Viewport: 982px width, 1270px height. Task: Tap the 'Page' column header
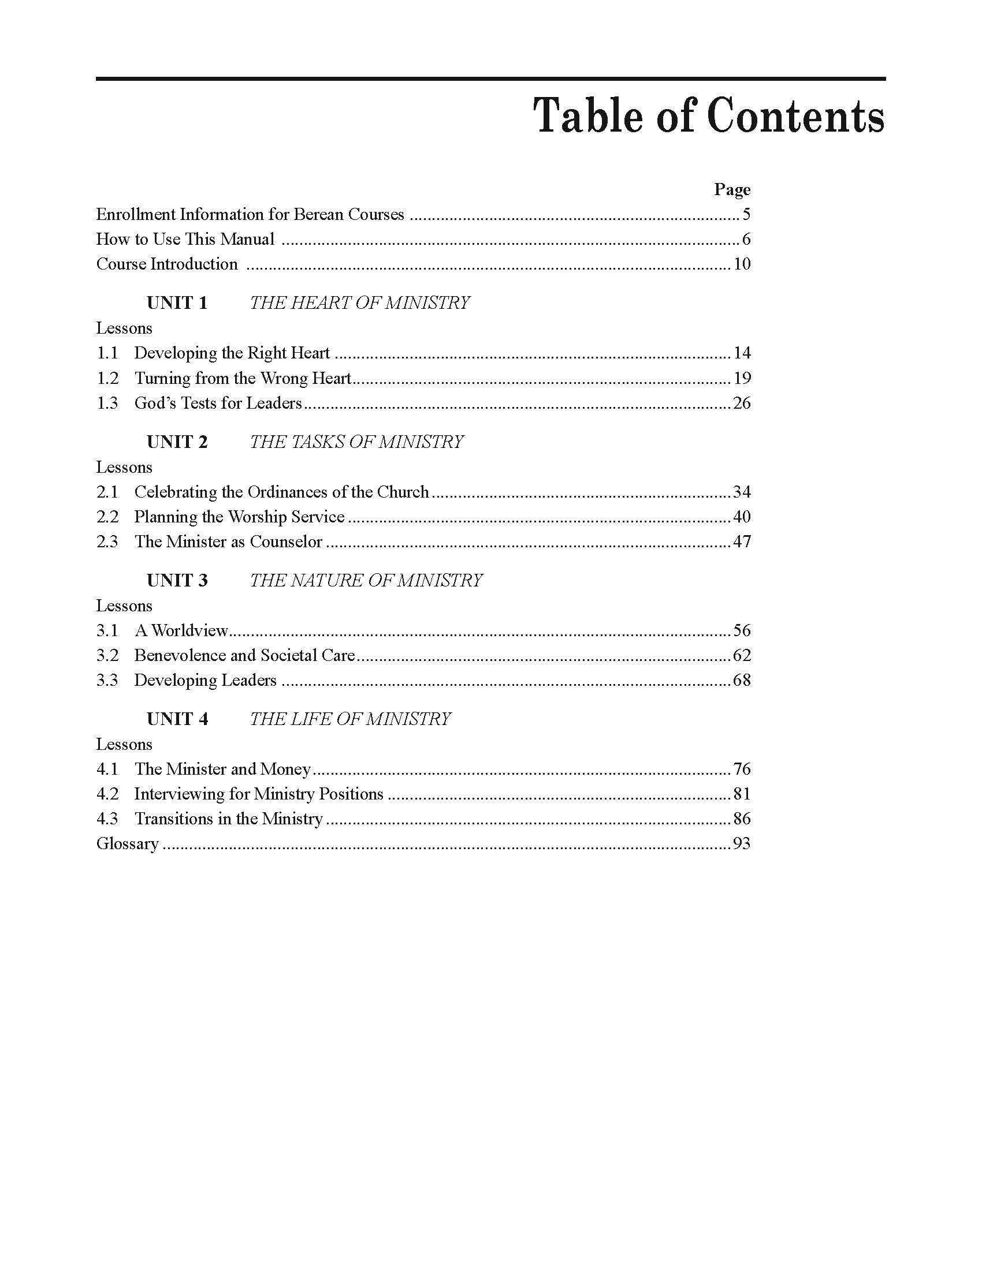coord(732,189)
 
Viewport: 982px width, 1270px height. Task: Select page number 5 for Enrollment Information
coord(746,215)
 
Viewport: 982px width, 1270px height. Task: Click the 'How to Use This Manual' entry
coord(185,239)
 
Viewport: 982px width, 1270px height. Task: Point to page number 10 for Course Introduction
coord(742,264)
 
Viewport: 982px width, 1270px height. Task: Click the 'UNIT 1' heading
coord(177,303)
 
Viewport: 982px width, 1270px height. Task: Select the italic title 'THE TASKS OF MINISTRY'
coord(356,442)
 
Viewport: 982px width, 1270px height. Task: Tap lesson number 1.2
coord(107,379)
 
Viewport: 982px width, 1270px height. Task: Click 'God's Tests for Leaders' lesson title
coord(218,403)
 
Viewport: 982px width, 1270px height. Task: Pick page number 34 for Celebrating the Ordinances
coord(742,492)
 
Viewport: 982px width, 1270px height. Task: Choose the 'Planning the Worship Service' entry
coord(239,517)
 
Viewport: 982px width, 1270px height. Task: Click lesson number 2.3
coord(107,542)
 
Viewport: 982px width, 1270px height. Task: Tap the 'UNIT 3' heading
coord(177,580)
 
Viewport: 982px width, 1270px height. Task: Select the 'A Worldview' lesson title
coord(181,630)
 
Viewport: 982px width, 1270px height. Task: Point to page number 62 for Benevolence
coord(742,655)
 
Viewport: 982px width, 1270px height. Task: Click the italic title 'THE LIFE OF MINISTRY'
coord(350,719)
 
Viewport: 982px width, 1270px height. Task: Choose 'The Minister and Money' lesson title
coord(223,770)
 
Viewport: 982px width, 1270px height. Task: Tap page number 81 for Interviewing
coord(742,794)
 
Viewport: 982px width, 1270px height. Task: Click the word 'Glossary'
coord(128,844)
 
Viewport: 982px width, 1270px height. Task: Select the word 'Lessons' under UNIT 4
coord(124,744)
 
